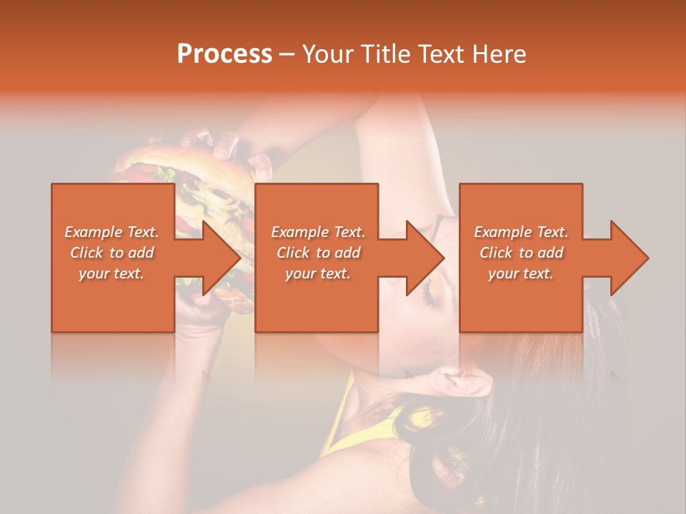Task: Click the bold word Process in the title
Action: (224, 54)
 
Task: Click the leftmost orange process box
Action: (112, 300)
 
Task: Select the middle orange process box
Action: (317, 300)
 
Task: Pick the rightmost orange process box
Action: (520, 300)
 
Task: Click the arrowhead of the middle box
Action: (424, 258)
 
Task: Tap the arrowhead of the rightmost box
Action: (629, 258)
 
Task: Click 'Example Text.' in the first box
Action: (111, 232)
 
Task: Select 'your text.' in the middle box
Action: (318, 273)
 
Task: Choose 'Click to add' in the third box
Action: (521, 253)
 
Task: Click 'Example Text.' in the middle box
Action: (318, 232)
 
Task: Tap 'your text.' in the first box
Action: (111, 273)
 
